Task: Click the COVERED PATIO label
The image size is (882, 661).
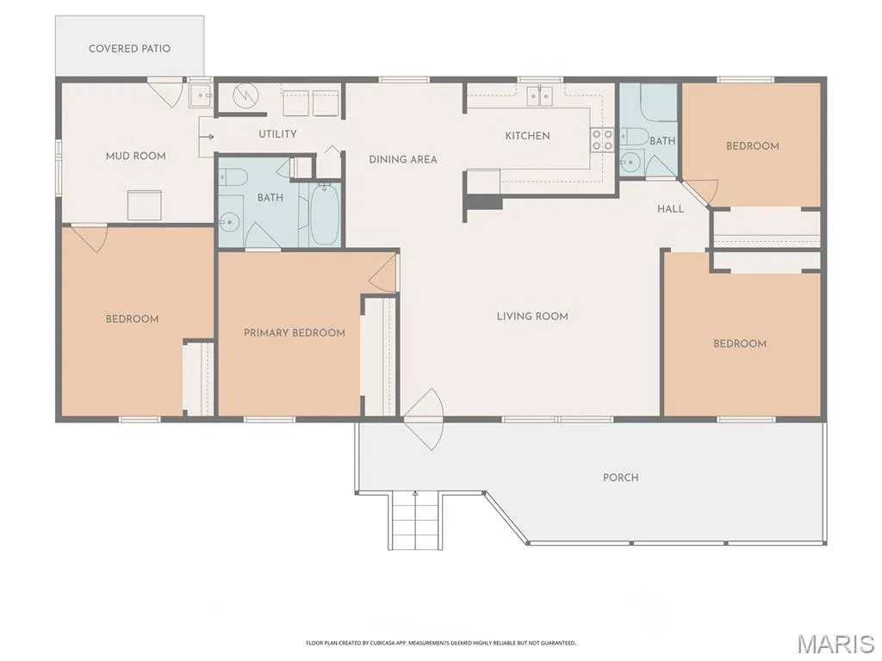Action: click(129, 48)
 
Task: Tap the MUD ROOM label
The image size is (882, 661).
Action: click(135, 156)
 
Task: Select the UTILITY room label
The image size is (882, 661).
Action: click(277, 133)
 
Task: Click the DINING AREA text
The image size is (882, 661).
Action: click(403, 159)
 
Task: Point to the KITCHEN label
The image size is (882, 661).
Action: click(527, 135)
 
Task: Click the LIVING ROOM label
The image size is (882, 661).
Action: click(532, 317)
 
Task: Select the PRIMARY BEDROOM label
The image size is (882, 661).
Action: click(295, 333)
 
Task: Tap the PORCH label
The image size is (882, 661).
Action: click(620, 478)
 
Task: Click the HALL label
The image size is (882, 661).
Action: click(670, 209)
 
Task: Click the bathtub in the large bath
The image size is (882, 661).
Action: click(325, 215)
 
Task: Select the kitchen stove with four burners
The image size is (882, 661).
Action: click(601, 139)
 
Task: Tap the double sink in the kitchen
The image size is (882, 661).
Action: click(539, 96)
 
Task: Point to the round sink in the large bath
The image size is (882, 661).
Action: click(229, 223)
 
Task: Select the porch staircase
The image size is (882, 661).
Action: click(414, 520)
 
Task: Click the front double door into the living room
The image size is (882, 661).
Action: click(424, 419)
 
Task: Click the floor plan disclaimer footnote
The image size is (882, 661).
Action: click(441, 642)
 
